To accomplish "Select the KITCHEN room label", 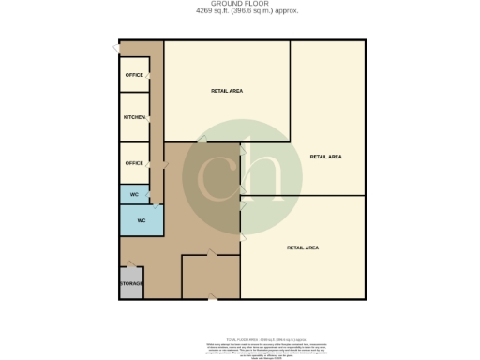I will (x=134, y=117).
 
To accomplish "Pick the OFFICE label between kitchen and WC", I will (x=134, y=162).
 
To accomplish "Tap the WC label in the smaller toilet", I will (x=134, y=194).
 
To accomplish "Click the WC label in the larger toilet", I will (x=142, y=220).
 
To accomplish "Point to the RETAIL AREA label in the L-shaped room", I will (x=324, y=157).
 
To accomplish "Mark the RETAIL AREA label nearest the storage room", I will (x=302, y=247).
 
